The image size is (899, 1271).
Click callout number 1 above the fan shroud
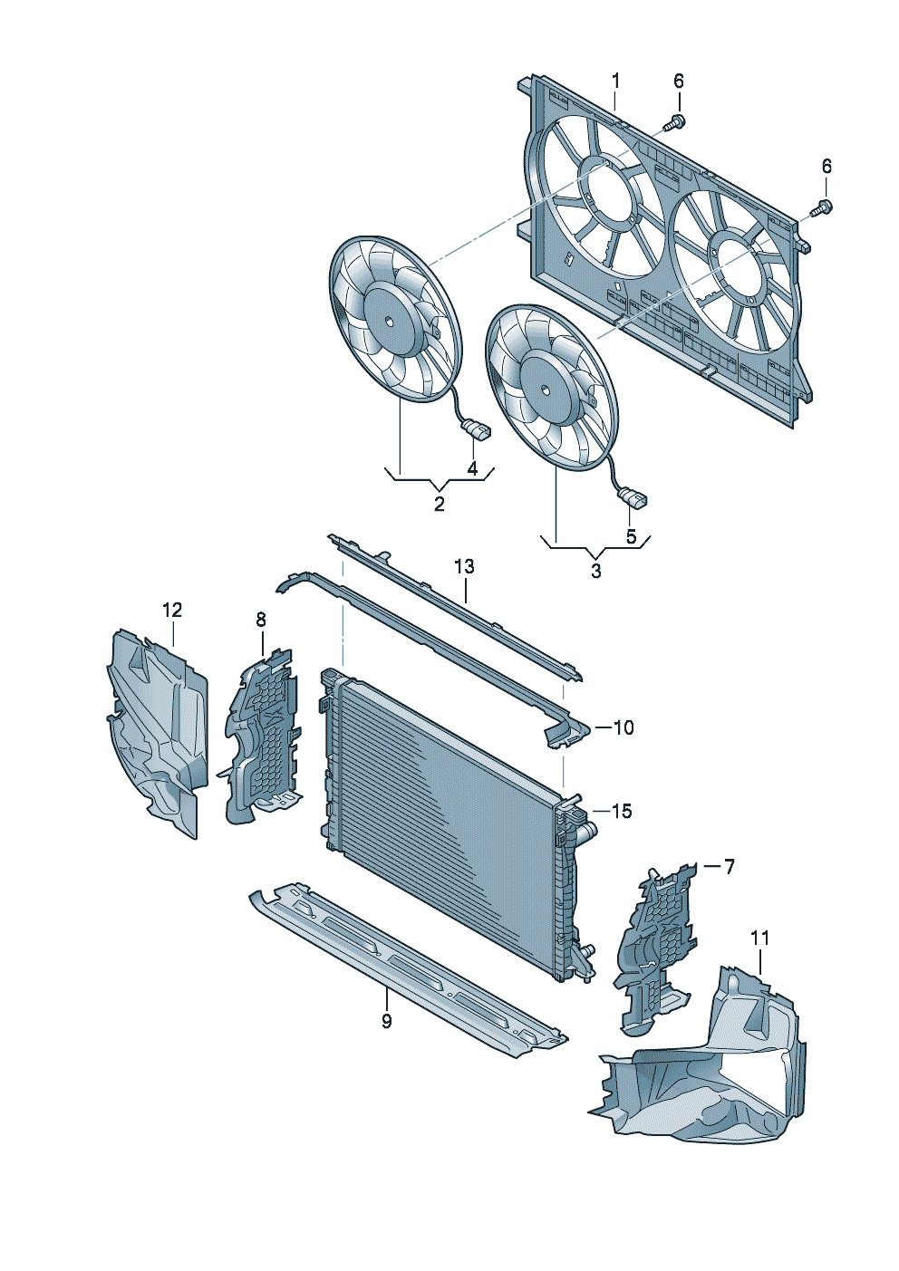coord(615,82)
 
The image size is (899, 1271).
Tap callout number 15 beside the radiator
coord(621,812)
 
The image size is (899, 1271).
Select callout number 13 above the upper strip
coord(464,567)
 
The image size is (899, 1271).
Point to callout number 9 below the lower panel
coord(387,1022)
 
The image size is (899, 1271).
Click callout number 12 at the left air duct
coord(172,611)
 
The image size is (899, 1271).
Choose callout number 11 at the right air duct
coord(759,938)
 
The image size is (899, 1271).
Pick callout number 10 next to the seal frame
coord(623,727)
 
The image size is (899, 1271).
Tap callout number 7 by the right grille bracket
coord(729,867)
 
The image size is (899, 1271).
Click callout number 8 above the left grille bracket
coord(261,620)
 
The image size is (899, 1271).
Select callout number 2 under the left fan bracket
coord(440,504)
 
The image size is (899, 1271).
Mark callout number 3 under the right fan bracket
coord(595,572)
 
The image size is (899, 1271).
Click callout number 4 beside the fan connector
coord(472,467)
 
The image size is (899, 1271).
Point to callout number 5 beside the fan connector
coord(632,536)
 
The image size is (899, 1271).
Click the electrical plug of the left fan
coord(477,430)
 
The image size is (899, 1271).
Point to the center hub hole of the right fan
coord(546,390)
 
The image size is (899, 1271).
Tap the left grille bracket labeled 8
coord(263,734)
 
